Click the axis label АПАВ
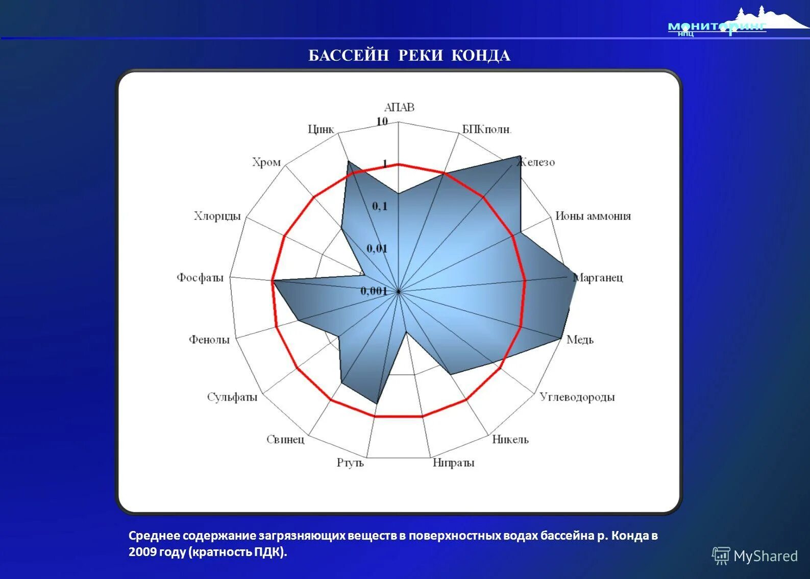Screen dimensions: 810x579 (399, 107)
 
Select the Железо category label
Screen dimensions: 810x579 (536, 162)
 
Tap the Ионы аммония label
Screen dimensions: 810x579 (593, 216)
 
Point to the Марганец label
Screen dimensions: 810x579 (598, 278)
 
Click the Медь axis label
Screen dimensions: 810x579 (580, 340)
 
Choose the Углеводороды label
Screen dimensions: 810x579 (577, 397)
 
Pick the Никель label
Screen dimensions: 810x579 (510, 439)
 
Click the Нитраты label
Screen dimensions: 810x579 (453, 463)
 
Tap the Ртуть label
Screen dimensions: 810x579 (350, 463)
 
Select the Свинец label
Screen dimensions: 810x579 (285, 439)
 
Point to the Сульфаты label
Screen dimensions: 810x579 (232, 397)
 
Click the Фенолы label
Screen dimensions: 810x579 (209, 340)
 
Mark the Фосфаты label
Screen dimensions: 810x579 (200, 278)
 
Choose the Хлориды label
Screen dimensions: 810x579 (217, 216)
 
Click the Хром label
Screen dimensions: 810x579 (266, 162)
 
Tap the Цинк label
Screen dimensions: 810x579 (321, 129)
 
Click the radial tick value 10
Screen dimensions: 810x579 (382, 122)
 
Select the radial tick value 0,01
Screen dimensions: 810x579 (377, 249)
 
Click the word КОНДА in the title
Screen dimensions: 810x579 (481, 55)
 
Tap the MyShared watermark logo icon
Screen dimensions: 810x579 (721, 556)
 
